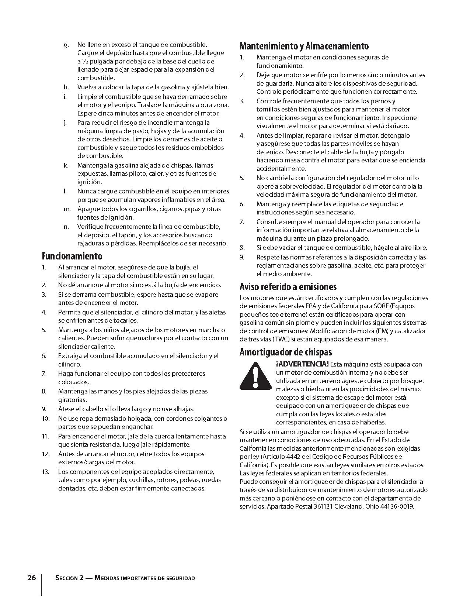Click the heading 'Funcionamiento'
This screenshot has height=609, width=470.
tap(72, 256)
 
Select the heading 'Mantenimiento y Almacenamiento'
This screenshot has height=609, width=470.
tap(304, 46)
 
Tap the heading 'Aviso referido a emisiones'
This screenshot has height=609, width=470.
tap(288, 287)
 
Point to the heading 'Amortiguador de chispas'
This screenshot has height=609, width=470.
tap(285, 352)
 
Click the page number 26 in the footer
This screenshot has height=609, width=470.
tap(32, 578)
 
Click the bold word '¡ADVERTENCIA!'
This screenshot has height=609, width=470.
tap(302, 364)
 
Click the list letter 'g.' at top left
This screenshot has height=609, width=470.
tap(66, 45)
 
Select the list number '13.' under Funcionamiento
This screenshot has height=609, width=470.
tap(46, 472)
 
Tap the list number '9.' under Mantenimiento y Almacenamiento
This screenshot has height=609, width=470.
tap(242, 257)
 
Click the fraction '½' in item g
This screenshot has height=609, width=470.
tap(84, 62)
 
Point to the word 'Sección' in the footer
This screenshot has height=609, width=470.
tap(66, 578)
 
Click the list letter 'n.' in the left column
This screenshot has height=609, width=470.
tap(66, 227)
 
